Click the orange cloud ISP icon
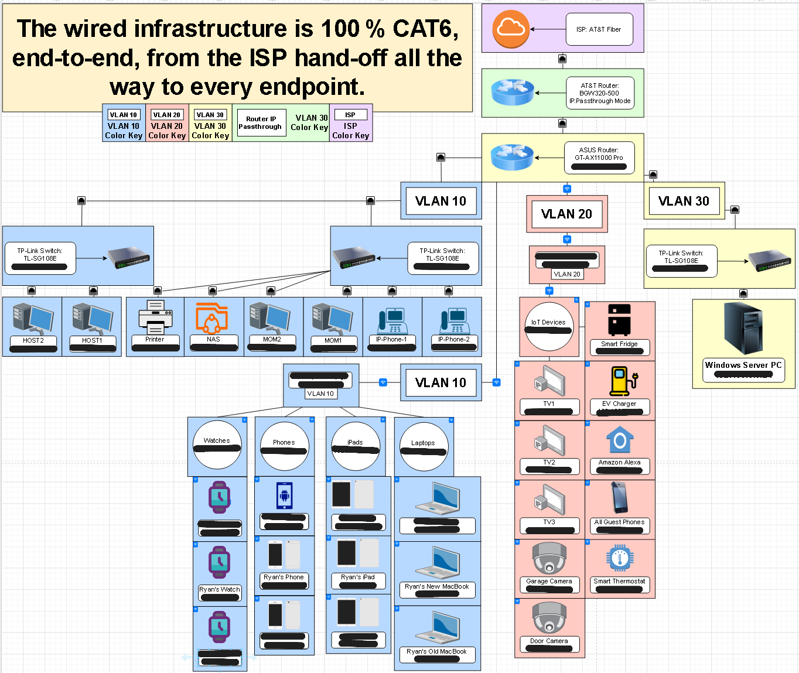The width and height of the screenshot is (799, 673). [x=511, y=29]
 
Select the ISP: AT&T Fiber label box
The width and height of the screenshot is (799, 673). [x=599, y=29]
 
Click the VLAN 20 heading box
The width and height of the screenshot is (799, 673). [x=566, y=214]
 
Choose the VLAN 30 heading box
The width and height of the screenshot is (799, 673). [x=684, y=201]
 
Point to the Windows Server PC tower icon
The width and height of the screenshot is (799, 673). [x=743, y=328]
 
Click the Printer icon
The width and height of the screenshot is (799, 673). [x=155, y=317]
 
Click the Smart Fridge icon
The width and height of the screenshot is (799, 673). [x=619, y=320]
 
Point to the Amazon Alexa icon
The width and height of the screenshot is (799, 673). [x=620, y=440]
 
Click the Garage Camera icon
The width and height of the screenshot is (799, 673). [x=549, y=558]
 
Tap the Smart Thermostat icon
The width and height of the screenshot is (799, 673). [x=620, y=558]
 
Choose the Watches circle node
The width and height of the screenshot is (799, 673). [x=217, y=444]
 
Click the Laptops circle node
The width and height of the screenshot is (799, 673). [x=423, y=446]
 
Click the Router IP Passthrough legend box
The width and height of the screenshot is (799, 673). [x=260, y=122]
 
